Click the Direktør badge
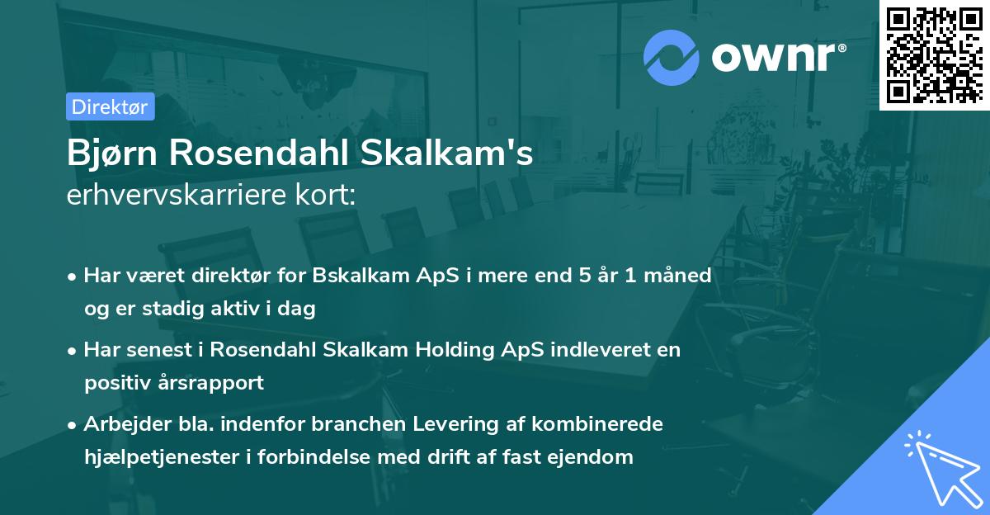[x=110, y=106]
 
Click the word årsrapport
[x=212, y=383]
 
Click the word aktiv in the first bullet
[x=229, y=309]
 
